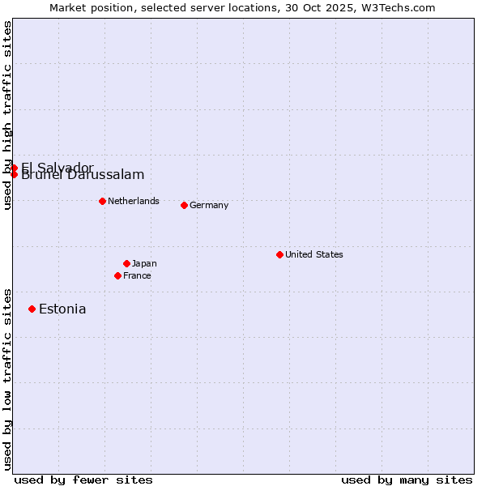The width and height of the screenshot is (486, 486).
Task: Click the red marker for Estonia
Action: click(32, 309)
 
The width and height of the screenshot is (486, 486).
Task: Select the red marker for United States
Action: click(279, 254)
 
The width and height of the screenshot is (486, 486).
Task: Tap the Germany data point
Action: click(184, 205)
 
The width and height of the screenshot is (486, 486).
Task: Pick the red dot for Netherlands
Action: click(102, 201)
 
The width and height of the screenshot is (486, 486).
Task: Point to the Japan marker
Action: click(126, 263)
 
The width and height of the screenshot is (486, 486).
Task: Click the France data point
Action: click(117, 275)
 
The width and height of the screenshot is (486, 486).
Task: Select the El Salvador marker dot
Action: click(14, 168)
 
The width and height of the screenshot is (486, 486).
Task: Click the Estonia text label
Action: click(62, 309)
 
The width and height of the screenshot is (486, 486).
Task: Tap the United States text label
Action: click(313, 254)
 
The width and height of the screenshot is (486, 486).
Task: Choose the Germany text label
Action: click(209, 205)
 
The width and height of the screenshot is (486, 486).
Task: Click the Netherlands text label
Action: click(133, 201)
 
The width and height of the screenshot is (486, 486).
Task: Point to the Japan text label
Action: click(144, 263)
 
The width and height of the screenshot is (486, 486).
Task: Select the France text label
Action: click(137, 275)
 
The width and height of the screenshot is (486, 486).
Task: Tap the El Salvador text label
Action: click(57, 166)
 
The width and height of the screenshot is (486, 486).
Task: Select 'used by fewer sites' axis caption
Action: click(83, 480)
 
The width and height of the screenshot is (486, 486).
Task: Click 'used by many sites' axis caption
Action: click(407, 480)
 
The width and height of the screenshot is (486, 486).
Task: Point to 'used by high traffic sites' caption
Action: click(7, 115)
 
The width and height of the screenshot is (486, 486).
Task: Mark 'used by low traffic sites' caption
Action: click(7, 379)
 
